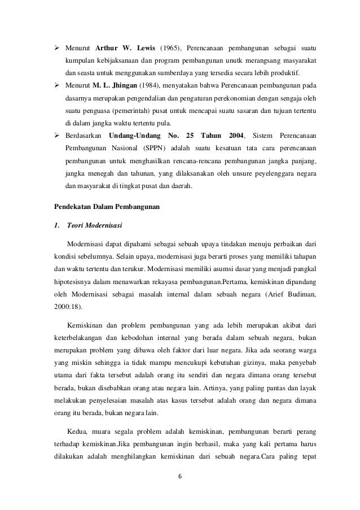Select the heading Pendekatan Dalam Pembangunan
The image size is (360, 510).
tap(107, 207)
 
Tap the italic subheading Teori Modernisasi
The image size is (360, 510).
tap(92, 226)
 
